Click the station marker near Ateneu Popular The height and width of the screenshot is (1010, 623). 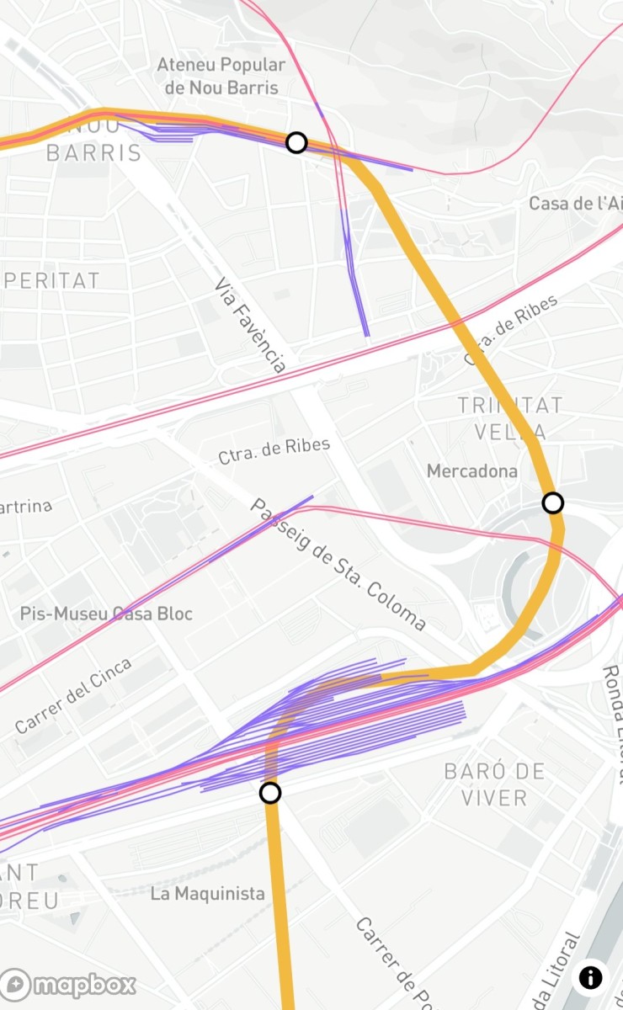[296, 142]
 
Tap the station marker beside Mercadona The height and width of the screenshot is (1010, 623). [552, 503]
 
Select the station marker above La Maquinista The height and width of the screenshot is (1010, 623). [270, 793]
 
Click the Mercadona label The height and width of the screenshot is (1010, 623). [471, 471]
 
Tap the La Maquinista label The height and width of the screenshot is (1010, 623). [207, 894]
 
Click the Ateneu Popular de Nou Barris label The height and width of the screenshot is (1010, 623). [221, 76]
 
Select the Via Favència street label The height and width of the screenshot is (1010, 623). [251, 325]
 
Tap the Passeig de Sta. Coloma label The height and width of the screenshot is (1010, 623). [338, 565]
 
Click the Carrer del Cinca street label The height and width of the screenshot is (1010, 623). [73, 695]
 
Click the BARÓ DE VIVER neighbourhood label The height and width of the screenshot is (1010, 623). [495, 784]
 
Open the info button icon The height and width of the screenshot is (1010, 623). [591, 977]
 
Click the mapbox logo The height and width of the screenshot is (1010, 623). [69, 985]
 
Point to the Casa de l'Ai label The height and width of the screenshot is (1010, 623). [575, 203]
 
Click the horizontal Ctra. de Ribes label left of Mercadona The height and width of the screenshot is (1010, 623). [274, 450]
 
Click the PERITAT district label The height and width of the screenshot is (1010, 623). [51, 280]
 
